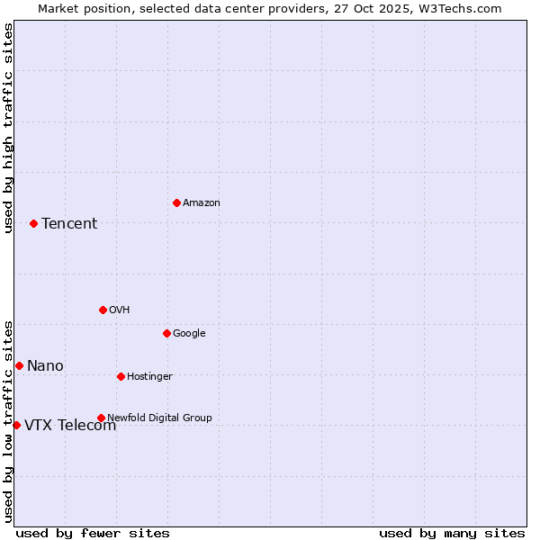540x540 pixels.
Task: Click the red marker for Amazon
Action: [x=176, y=202]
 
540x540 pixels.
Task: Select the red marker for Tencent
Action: [x=33, y=223]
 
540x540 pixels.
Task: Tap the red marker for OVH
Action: [x=103, y=310]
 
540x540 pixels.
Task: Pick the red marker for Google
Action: [x=166, y=333]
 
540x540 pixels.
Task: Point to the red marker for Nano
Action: [x=19, y=365]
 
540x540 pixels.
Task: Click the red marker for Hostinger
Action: [x=121, y=376]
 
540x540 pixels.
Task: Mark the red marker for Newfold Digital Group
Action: [x=101, y=418]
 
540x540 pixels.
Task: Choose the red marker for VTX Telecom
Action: [x=16, y=425]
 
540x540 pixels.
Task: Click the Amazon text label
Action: [x=202, y=203]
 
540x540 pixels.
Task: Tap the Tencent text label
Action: [x=69, y=224]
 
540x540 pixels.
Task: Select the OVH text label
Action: [x=120, y=310]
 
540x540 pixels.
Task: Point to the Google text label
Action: [x=189, y=334]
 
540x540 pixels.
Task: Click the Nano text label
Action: [x=45, y=366]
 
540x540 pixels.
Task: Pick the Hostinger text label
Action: [x=149, y=377]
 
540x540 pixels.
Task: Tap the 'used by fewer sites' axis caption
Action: [x=93, y=533]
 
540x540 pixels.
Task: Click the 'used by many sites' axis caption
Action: [x=452, y=533]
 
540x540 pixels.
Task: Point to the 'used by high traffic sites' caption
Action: [x=8, y=128]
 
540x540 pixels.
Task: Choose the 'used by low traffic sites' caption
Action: [x=8, y=420]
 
